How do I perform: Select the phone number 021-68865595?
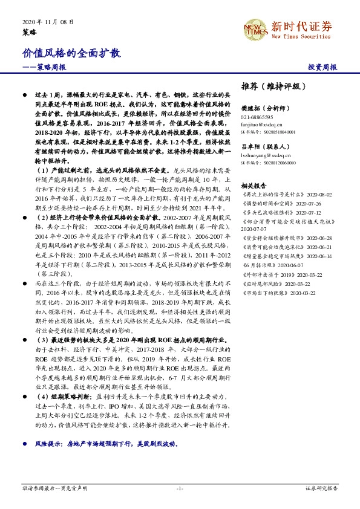[x=257, y=117]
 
